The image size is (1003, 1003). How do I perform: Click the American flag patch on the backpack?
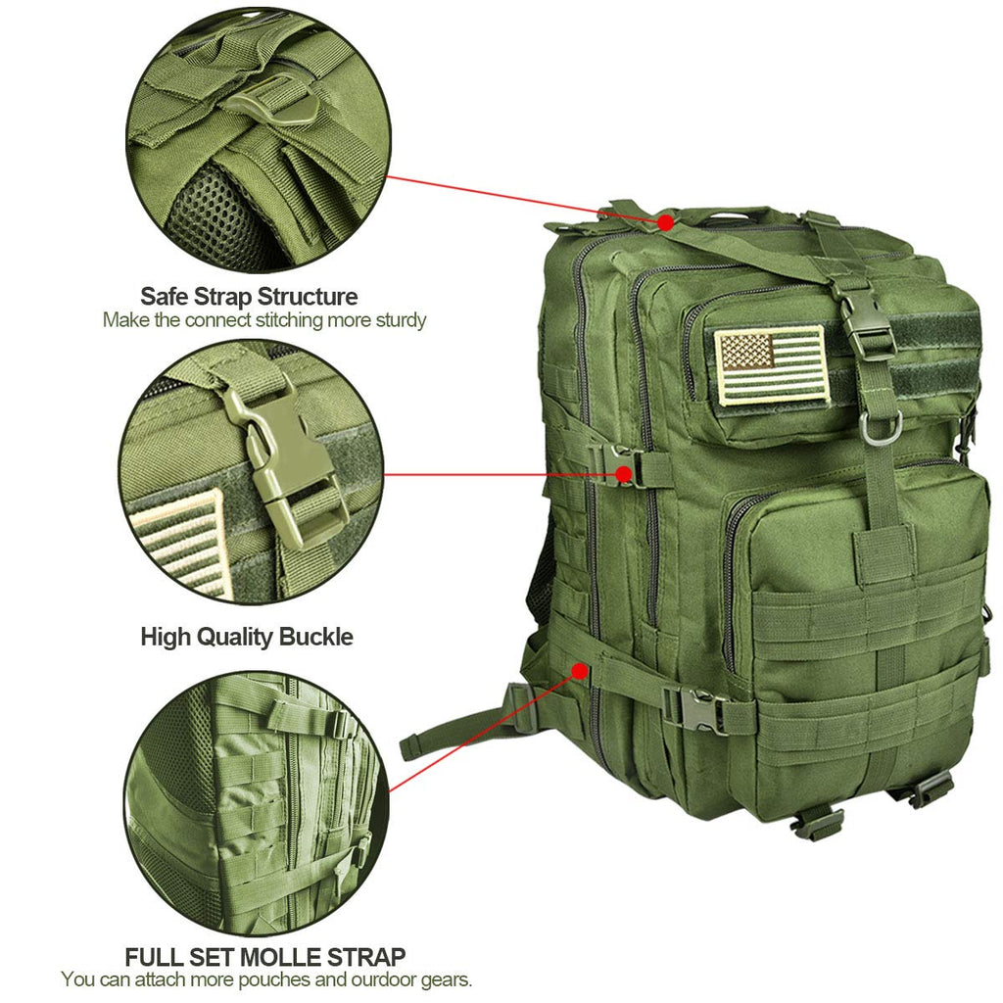click(x=770, y=365)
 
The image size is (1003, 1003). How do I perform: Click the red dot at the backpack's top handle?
click(x=666, y=222)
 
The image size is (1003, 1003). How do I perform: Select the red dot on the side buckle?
click(x=624, y=475)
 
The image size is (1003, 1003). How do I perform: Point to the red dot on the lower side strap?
click(x=580, y=671)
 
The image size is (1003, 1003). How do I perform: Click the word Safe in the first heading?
click(x=165, y=297)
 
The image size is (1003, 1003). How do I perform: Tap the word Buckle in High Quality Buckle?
click(x=316, y=637)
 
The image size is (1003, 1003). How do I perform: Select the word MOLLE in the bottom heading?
click(x=281, y=957)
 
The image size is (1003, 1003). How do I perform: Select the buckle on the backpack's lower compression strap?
click(x=694, y=709)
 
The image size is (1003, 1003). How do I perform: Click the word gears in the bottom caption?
click(x=446, y=979)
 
